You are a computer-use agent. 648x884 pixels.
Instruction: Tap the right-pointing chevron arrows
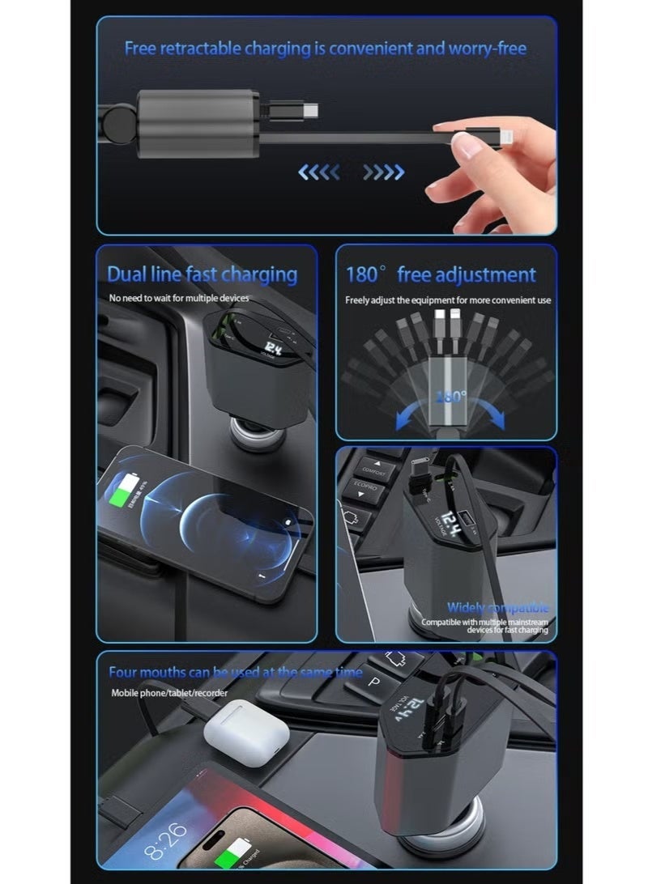tap(383, 172)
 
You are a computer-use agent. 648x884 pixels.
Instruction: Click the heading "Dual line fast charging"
tap(202, 274)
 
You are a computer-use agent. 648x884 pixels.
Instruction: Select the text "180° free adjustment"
tap(441, 275)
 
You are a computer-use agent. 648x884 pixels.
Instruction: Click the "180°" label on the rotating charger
tap(450, 397)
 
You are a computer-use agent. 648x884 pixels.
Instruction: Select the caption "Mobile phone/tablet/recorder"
tap(169, 693)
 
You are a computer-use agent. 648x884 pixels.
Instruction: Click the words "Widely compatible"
tap(497, 607)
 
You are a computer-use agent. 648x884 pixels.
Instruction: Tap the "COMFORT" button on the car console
tap(374, 470)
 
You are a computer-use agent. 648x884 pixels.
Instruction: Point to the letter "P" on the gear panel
tap(374, 682)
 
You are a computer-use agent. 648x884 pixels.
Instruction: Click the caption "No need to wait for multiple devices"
tap(179, 299)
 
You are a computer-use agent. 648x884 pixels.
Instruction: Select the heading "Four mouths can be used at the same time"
tap(234, 672)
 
